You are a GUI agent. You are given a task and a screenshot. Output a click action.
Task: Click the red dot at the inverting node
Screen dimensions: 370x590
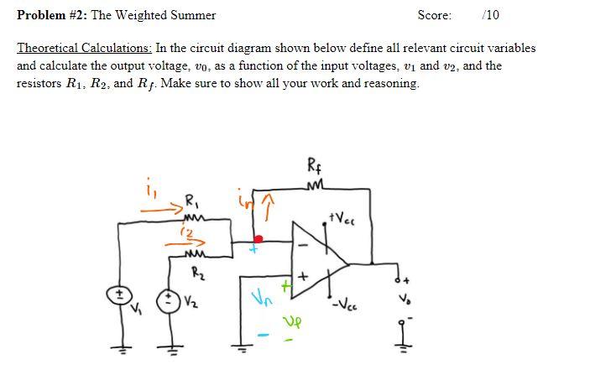(258, 238)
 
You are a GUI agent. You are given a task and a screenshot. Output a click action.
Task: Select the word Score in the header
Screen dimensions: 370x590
(434, 15)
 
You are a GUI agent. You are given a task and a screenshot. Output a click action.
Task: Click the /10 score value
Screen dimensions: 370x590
(491, 15)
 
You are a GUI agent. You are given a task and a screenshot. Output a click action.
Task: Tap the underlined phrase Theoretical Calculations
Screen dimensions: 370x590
(84, 48)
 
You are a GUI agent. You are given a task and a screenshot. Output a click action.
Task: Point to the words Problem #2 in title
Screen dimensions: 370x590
(50, 15)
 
